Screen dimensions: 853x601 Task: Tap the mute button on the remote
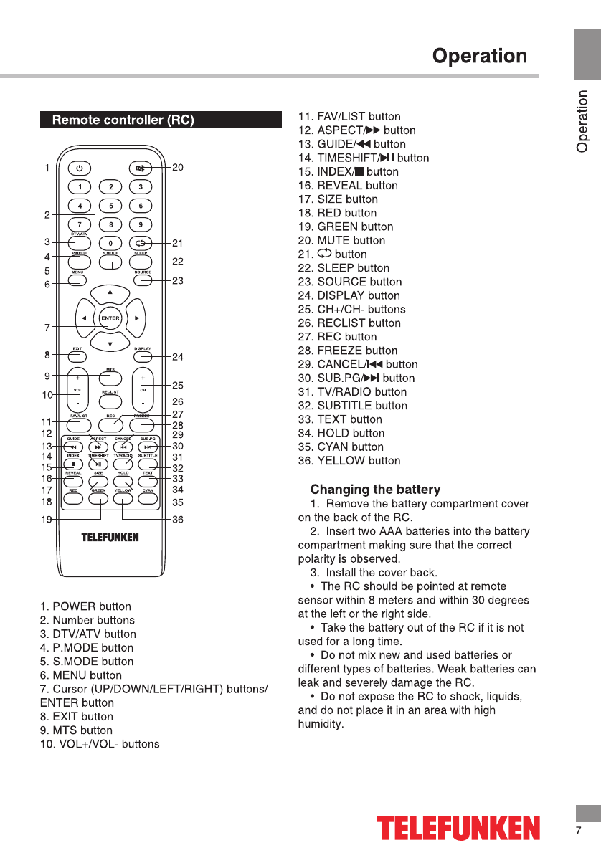point(141,169)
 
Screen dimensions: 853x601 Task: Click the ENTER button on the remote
point(110,318)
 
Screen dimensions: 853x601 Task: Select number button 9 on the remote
point(141,225)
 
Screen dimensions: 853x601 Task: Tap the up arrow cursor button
point(110,292)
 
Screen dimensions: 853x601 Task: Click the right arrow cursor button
point(136,318)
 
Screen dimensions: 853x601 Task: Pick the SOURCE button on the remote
point(143,280)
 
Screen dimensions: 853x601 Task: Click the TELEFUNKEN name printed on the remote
point(110,537)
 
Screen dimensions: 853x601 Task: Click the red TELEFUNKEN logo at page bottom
point(459,828)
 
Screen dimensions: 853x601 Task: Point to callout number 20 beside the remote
point(178,168)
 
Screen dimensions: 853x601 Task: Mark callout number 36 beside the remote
point(178,520)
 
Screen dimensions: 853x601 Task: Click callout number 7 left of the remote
point(47,328)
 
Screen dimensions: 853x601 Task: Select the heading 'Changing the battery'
point(375,490)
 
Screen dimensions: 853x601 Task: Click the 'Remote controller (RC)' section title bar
point(161,120)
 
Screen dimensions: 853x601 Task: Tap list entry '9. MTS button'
point(76,730)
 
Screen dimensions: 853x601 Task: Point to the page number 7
point(578,831)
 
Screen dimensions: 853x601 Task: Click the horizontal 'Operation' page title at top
point(480,57)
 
